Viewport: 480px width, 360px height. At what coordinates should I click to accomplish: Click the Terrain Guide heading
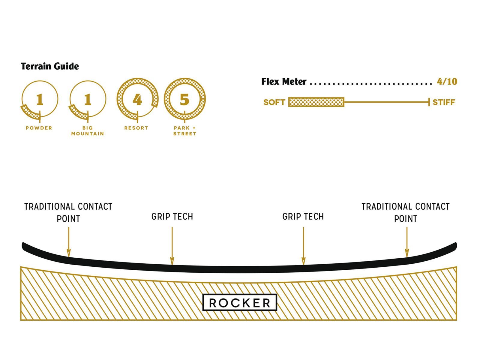coord(50,66)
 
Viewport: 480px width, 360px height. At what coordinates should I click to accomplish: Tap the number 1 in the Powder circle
coord(40,100)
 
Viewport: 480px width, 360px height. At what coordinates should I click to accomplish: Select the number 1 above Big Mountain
coord(88,100)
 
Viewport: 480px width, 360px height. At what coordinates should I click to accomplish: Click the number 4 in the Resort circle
coord(137,100)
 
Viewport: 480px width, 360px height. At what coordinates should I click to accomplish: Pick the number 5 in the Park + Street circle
coord(184,100)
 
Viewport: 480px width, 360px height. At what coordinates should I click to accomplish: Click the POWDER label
coord(39,128)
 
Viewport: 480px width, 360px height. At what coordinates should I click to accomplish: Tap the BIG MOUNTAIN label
coord(88,131)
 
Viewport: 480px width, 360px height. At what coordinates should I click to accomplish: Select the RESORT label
coord(136,128)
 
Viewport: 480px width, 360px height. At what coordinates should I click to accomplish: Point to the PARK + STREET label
coord(185,131)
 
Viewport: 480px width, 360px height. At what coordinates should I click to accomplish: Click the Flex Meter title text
coord(284,82)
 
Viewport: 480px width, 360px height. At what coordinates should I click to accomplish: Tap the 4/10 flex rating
coord(447,82)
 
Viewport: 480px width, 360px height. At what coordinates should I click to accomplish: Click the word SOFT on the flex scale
coord(274,102)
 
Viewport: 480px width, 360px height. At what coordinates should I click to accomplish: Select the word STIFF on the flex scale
coord(444,102)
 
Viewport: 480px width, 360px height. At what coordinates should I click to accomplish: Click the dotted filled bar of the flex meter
coord(316,102)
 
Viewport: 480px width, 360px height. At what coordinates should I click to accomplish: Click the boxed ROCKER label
coord(240,303)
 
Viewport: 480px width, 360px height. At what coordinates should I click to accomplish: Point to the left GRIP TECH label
coord(172,217)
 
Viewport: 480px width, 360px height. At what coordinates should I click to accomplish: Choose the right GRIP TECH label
coord(303,217)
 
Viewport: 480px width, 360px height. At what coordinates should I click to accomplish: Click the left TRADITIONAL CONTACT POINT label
coord(68,212)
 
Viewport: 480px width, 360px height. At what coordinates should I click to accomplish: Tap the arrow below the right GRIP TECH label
coord(303,246)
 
